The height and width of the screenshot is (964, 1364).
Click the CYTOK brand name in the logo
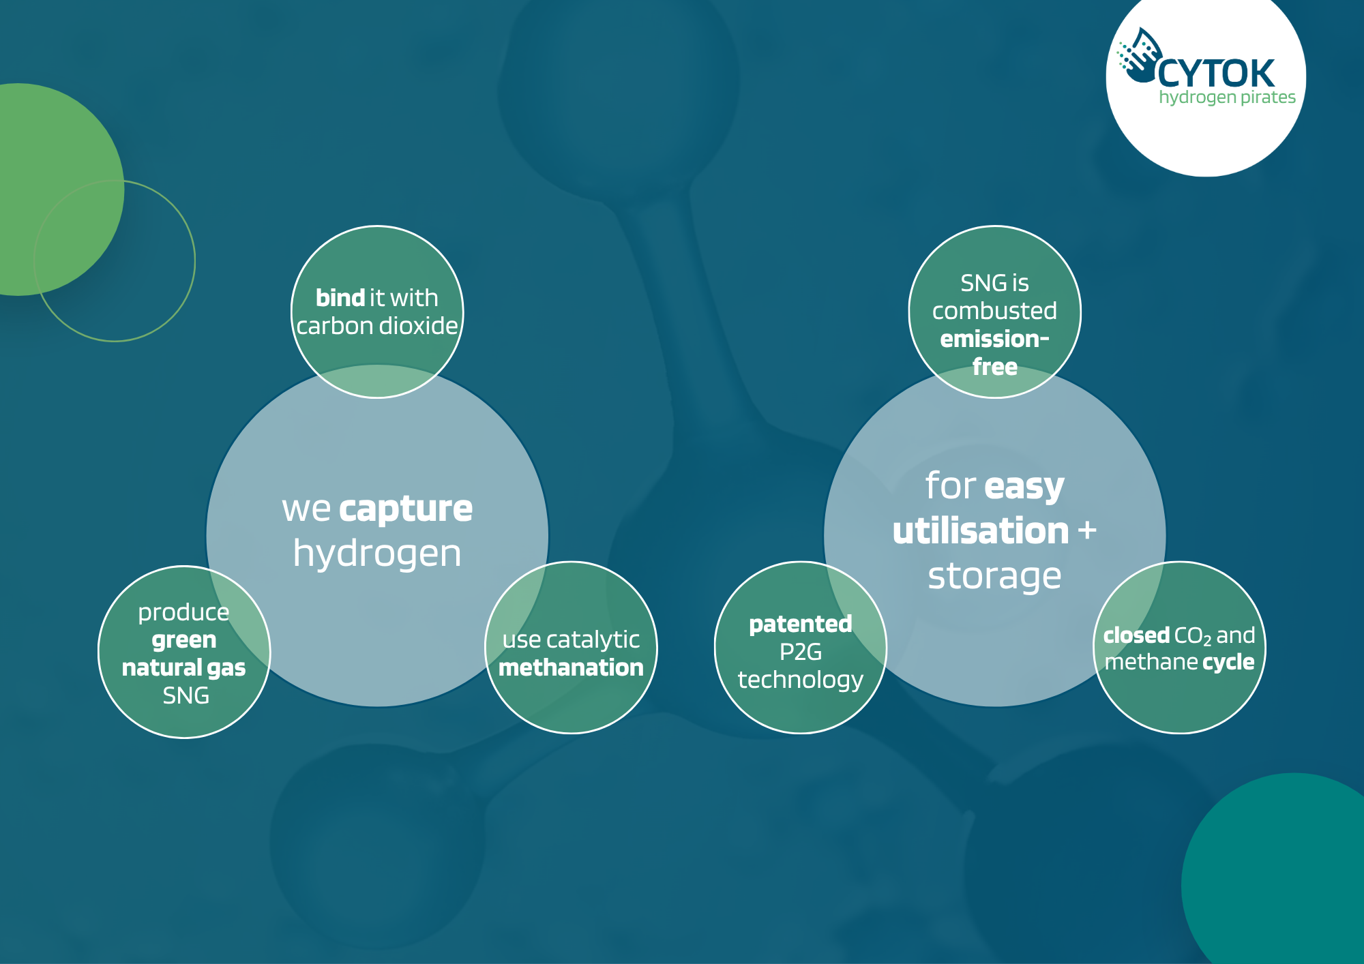click(1216, 73)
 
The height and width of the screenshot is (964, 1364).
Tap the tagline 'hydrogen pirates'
click(1227, 97)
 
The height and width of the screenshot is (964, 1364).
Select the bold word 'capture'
click(406, 510)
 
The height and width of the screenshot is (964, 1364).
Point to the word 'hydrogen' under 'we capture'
click(377, 554)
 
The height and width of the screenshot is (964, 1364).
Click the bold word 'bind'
click(340, 298)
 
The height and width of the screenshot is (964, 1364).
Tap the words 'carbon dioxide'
click(377, 326)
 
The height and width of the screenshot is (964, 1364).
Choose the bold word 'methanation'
click(572, 667)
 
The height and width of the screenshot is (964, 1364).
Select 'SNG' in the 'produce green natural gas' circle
click(186, 695)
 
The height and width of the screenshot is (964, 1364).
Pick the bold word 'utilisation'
click(981, 531)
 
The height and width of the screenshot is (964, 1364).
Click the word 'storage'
click(994, 576)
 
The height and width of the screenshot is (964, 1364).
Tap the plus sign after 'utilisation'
click(1087, 530)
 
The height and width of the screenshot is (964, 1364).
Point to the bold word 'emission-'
click(994, 339)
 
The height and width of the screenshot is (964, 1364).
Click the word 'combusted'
click(994, 311)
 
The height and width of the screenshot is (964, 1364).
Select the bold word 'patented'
click(801, 624)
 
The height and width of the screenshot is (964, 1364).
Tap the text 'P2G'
click(801, 652)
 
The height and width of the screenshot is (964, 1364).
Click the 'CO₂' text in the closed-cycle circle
click(1193, 637)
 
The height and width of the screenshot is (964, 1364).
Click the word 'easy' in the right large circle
click(1024, 487)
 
